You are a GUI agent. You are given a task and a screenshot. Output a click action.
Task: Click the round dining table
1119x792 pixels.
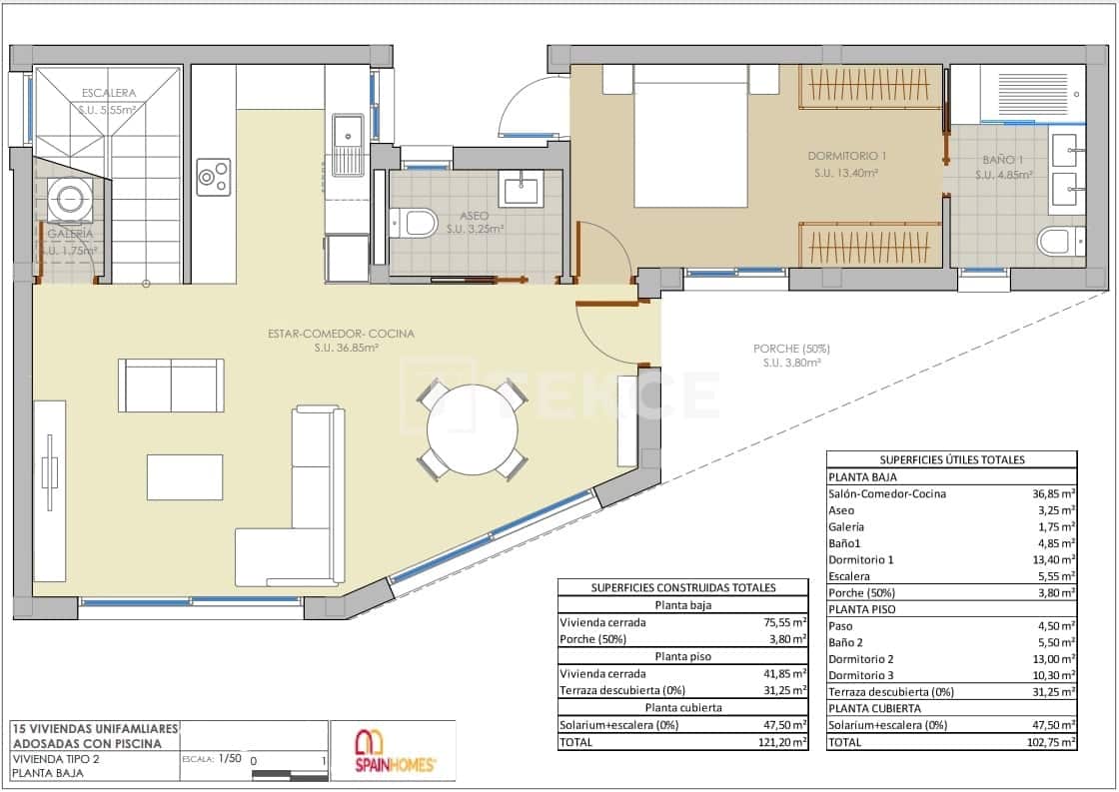click(472, 430)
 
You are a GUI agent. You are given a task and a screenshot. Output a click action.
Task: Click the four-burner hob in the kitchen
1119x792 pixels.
click(213, 177)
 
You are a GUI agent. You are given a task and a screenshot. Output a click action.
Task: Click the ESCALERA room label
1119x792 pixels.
click(109, 94)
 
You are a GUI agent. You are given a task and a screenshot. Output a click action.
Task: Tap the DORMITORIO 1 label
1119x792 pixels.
click(846, 157)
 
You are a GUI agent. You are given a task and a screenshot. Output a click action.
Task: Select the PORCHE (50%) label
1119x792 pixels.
click(791, 349)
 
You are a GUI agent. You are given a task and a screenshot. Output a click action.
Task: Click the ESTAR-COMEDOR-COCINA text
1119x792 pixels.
click(341, 334)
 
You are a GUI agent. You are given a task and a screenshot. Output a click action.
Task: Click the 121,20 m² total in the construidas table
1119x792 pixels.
click(784, 742)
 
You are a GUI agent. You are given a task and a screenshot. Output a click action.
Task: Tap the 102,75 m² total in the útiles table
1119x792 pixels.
click(1054, 742)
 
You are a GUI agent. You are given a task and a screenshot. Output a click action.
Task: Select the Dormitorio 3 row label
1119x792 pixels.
click(861, 676)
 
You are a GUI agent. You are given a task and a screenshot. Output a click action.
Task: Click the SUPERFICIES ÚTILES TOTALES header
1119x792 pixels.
click(951, 459)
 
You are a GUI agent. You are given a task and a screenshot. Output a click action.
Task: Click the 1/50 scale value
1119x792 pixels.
click(230, 759)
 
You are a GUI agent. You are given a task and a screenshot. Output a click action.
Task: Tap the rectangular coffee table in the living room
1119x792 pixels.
click(185, 476)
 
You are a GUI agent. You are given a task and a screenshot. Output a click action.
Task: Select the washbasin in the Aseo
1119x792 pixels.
click(521, 187)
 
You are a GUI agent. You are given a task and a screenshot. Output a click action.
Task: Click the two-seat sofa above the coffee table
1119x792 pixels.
click(171, 385)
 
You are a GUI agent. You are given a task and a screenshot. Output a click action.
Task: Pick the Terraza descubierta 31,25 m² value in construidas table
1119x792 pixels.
click(784, 690)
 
